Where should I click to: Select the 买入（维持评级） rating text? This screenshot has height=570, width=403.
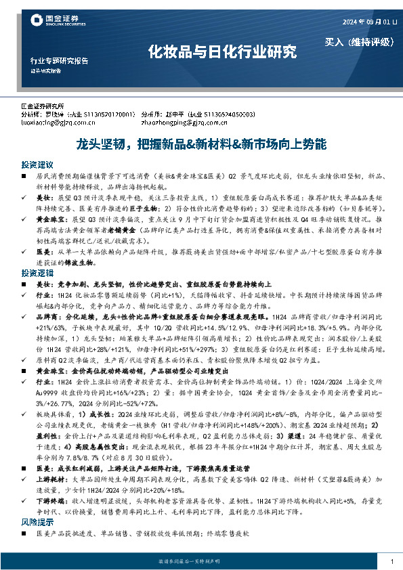click(x=359, y=42)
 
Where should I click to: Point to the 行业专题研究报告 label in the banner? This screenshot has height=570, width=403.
click(x=60, y=61)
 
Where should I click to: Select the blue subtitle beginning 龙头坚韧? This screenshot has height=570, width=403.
click(x=201, y=145)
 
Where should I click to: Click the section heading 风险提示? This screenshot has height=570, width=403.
click(x=37, y=523)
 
